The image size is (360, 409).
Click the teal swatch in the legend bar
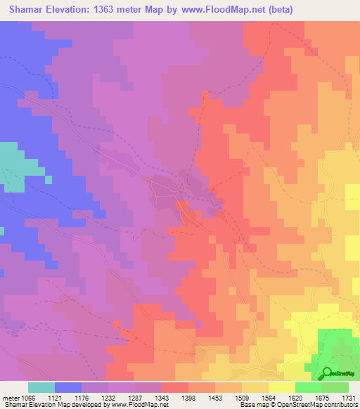(x=41, y=387)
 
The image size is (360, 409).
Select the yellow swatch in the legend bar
(x=282, y=387)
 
